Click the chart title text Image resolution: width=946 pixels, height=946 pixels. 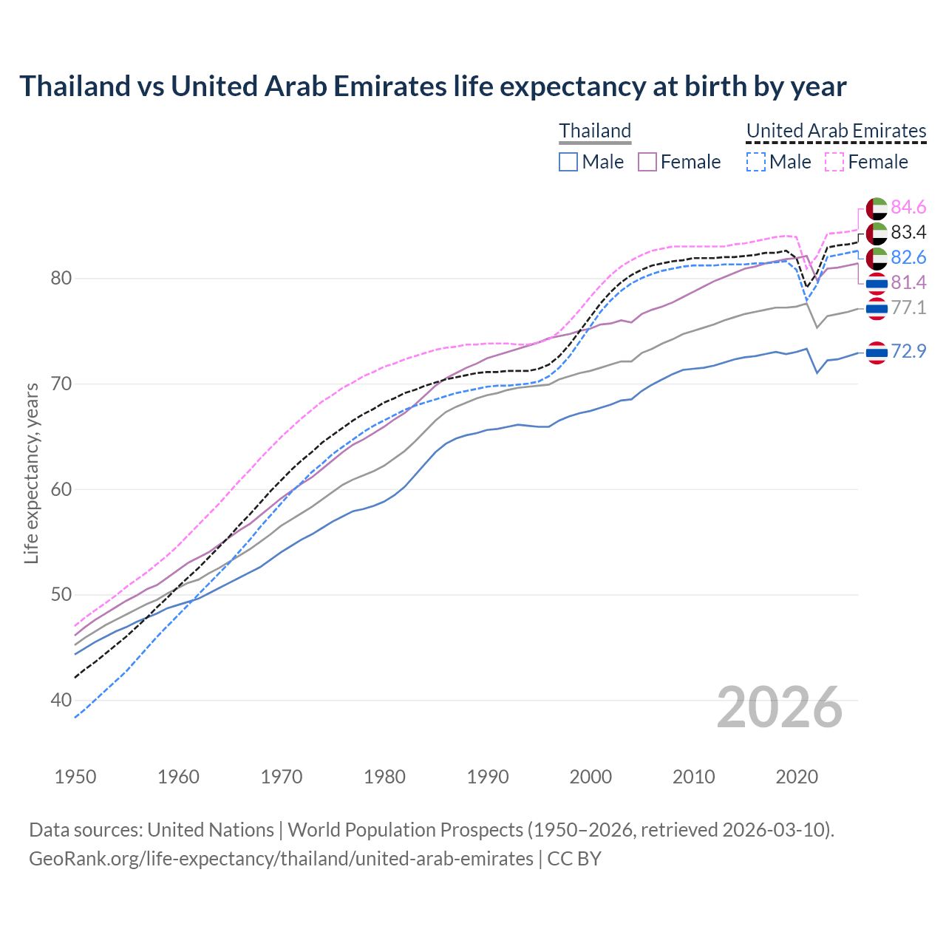pyautogui.click(x=432, y=86)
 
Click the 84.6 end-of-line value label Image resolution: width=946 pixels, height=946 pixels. pyautogui.click(x=908, y=208)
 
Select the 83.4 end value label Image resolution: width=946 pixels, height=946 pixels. pyautogui.click(x=908, y=233)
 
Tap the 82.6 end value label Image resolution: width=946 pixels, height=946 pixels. pyautogui.click(x=908, y=258)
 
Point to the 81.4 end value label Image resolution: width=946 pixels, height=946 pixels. pyautogui.click(x=908, y=283)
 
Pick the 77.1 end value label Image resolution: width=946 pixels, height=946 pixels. pyautogui.click(x=908, y=308)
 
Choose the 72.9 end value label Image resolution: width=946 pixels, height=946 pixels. pyautogui.click(x=908, y=352)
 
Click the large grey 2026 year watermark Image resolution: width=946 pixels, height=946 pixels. pyautogui.click(x=780, y=707)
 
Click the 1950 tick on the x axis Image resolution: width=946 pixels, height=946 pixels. pyautogui.click(x=75, y=777)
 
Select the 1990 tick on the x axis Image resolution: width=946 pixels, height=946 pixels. pyautogui.click(x=488, y=777)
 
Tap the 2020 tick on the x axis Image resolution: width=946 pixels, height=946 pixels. pyautogui.click(x=797, y=777)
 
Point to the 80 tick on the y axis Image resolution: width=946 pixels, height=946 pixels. pyautogui.click(x=61, y=279)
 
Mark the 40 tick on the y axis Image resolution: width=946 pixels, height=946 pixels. pyautogui.click(x=61, y=700)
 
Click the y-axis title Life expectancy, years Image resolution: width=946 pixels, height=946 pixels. pyautogui.click(x=31, y=473)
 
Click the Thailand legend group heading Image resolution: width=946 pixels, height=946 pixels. pyautogui.click(x=595, y=131)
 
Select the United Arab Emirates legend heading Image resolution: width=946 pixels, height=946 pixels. pyautogui.click(x=836, y=131)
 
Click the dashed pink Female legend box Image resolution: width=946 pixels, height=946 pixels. pyautogui.click(x=834, y=162)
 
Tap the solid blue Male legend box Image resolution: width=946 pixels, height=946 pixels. pyautogui.click(x=568, y=162)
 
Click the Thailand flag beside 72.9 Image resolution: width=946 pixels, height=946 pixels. pyautogui.click(x=877, y=353)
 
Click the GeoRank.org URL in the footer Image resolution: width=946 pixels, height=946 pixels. pyautogui.click(x=281, y=859)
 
